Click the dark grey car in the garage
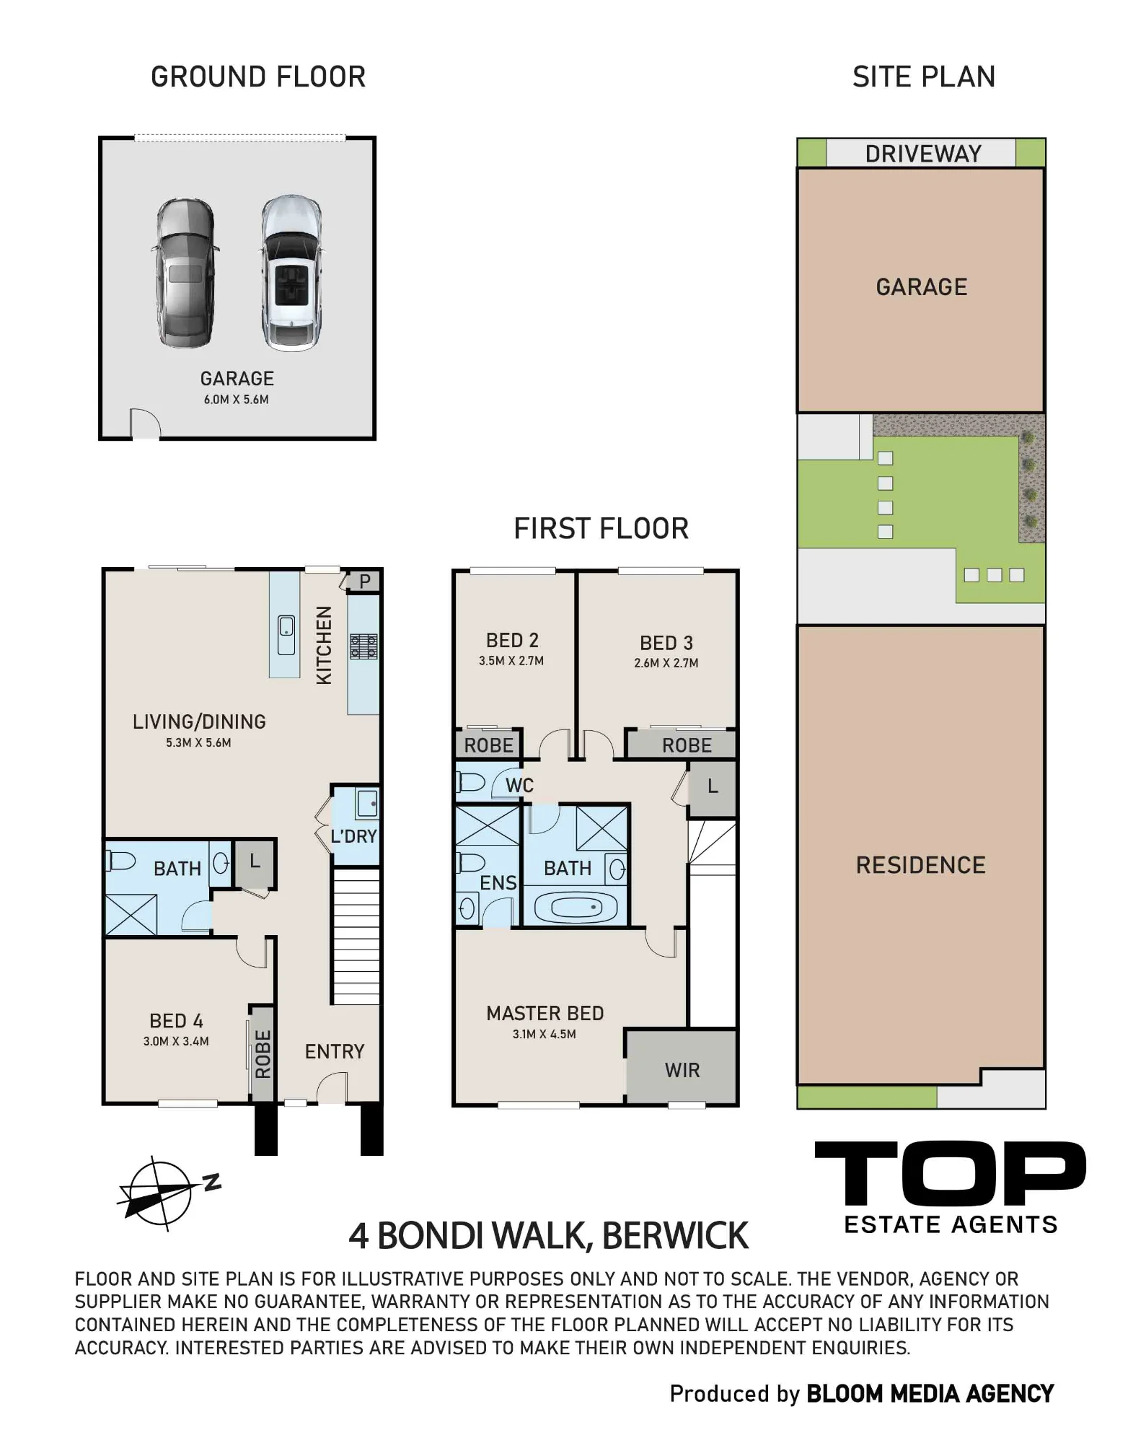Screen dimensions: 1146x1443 coord(185,274)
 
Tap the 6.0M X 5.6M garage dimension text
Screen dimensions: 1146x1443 coord(236,400)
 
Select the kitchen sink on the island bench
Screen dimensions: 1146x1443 coord(286,635)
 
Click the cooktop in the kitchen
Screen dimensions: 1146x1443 coord(363,646)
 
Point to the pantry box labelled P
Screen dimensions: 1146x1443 coord(364,582)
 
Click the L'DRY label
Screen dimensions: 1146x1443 coord(353,836)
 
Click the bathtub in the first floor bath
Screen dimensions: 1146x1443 coord(575,906)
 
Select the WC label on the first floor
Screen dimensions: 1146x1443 coord(519,786)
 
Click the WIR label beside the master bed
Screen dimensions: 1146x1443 coord(682,1070)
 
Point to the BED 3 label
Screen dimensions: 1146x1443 coord(666,643)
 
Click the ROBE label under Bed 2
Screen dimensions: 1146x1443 coord(489,745)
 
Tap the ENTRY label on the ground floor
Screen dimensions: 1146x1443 coord(335,1052)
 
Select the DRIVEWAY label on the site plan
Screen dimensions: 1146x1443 coord(923,154)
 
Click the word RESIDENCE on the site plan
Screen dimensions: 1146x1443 coord(921,865)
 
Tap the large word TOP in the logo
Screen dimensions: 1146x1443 coord(951,1173)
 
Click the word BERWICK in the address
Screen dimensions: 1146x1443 coord(675,1235)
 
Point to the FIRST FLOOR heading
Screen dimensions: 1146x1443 coord(601,529)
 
